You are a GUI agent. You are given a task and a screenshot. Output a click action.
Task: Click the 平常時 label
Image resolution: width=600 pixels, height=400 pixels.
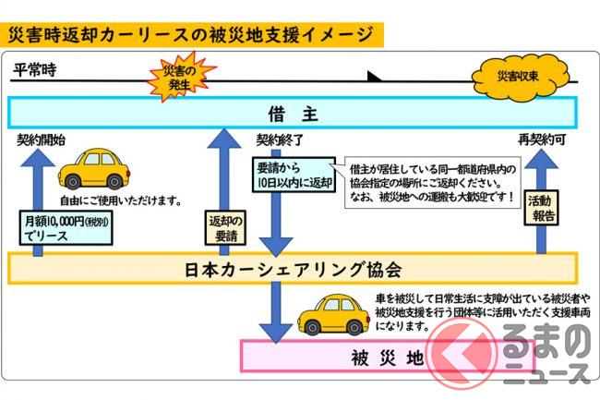[x=35, y=70]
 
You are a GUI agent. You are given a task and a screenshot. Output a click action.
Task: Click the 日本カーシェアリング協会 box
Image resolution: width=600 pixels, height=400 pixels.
[x=293, y=270]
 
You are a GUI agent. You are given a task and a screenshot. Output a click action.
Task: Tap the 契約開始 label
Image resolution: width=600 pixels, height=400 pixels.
[x=41, y=140]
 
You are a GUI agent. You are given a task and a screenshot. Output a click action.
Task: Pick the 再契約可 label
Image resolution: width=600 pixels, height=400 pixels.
[x=544, y=140]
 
